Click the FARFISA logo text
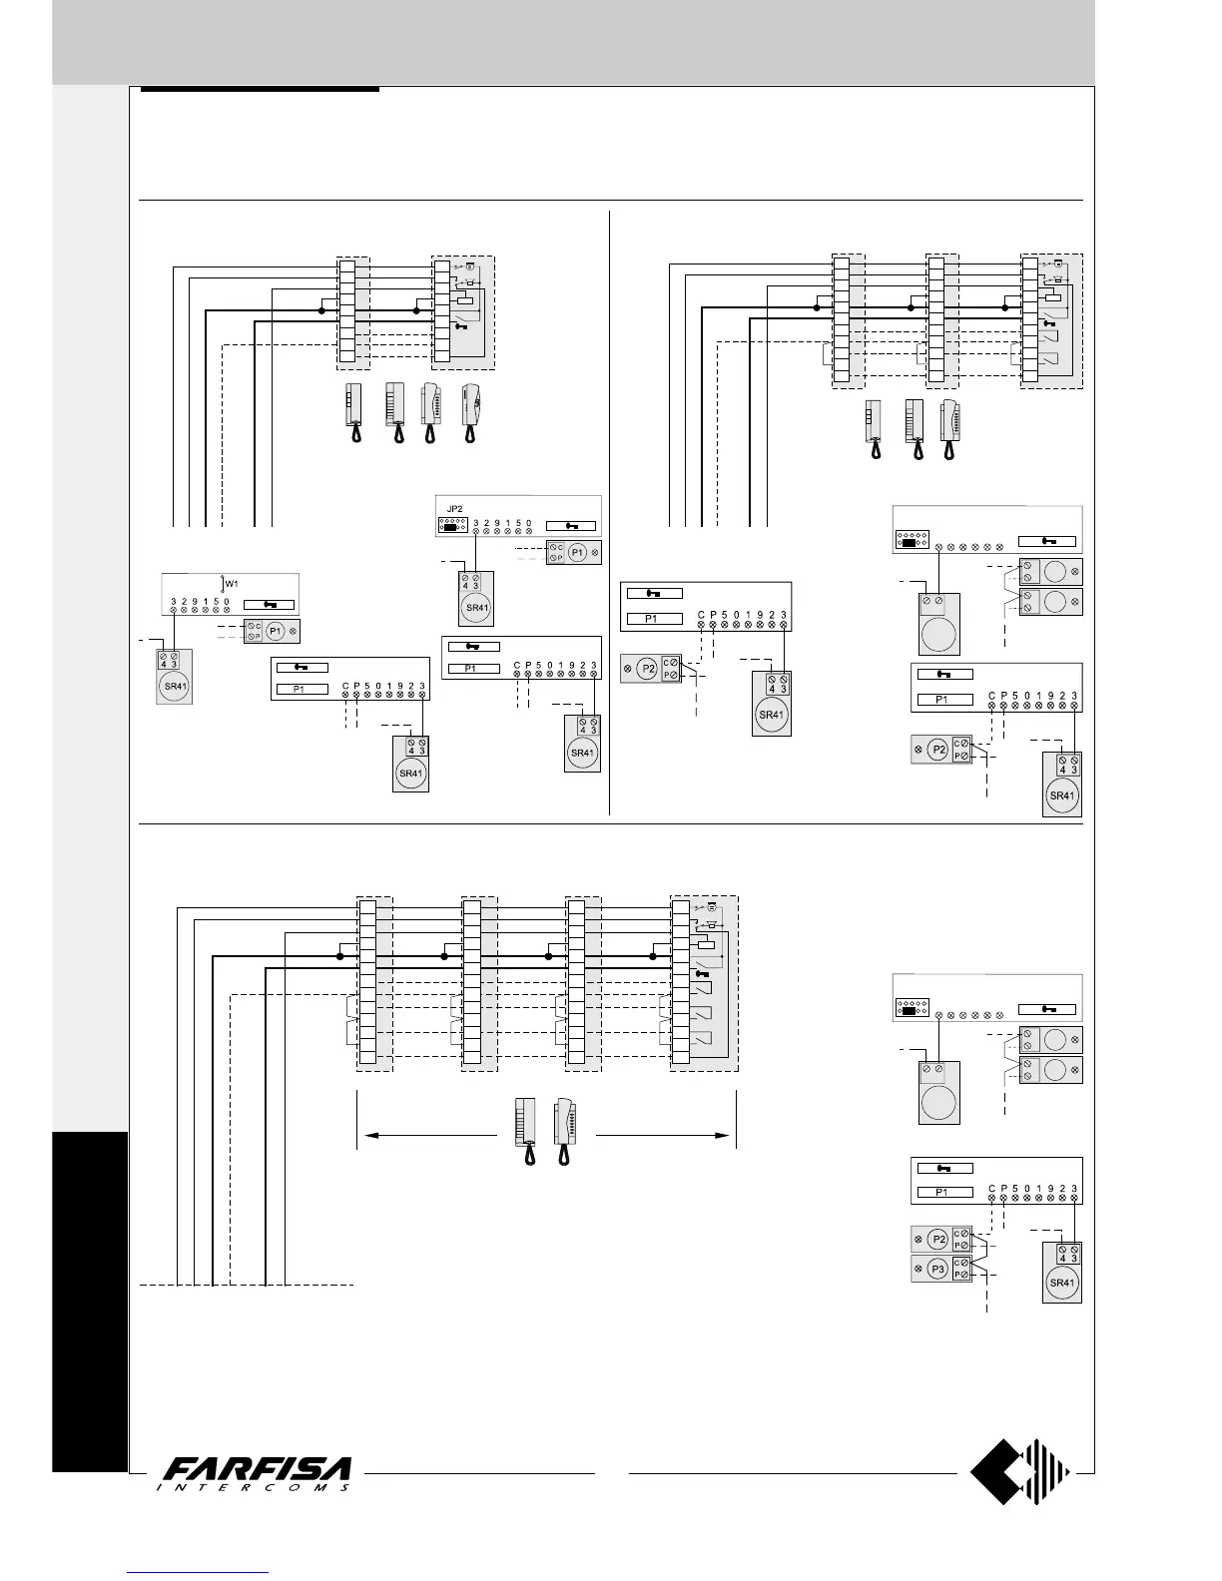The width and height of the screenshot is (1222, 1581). pyautogui.click(x=258, y=1469)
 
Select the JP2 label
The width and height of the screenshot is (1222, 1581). pyautogui.click(x=455, y=508)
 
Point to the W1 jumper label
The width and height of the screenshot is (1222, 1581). pyautogui.click(x=231, y=583)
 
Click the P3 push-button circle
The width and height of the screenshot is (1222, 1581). pyautogui.click(x=936, y=1270)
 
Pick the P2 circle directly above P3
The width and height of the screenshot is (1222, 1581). pyautogui.click(x=936, y=1240)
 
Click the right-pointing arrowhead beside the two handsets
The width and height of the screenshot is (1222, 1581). pyautogui.click(x=725, y=1135)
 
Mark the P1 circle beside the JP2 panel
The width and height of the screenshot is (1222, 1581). pyautogui.click(x=577, y=552)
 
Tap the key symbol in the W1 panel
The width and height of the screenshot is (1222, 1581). pyautogui.click(x=270, y=603)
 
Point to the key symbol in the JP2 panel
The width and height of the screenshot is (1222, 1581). pyautogui.click(x=572, y=525)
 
